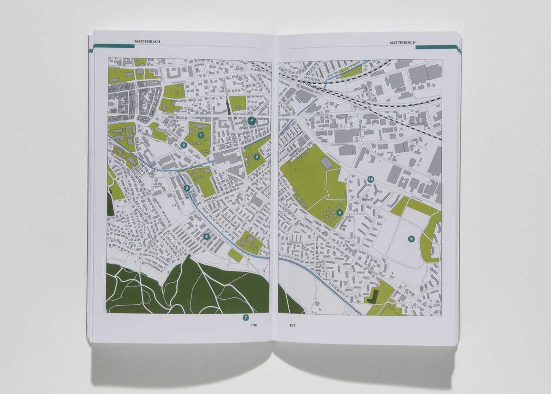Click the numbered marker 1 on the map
[200, 135]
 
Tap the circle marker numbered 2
[183, 145]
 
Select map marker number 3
[257, 157]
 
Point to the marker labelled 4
[251, 120]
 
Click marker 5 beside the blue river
[186, 188]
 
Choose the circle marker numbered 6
[206, 237]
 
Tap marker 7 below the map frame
[246, 317]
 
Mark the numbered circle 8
[411, 239]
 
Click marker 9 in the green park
[339, 212]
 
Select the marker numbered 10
[371, 179]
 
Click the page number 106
[254, 325]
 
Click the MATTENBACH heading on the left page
[147, 42]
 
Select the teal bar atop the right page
[436, 46]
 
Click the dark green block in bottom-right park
[375, 296]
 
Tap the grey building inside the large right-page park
[326, 163]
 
